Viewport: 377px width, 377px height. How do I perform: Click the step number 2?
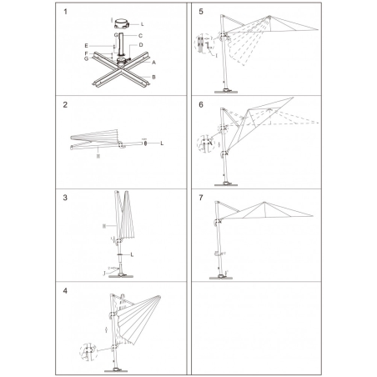point(66,107)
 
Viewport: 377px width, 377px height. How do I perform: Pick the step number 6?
point(201,107)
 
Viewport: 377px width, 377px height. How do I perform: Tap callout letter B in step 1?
point(153,78)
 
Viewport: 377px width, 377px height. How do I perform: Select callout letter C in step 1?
point(140,36)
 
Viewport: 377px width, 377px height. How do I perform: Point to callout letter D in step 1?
point(140,44)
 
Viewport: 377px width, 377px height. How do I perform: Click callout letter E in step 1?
point(87,45)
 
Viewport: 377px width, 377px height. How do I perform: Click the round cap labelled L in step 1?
point(122,23)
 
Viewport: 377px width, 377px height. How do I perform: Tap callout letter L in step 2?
point(161,143)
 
